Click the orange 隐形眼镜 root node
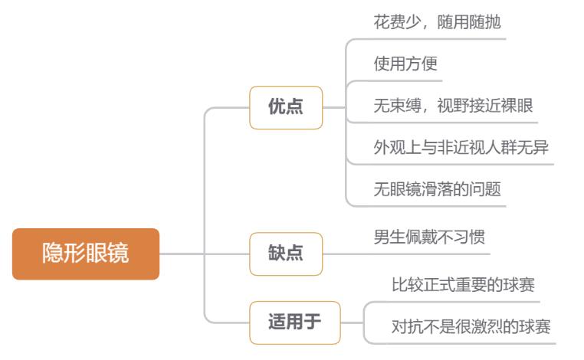point(85,254)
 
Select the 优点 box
point(285,107)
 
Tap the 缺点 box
point(285,254)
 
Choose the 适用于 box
point(294,322)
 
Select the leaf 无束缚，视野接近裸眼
point(448,106)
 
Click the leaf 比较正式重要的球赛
point(462,285)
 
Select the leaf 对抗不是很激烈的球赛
point(470,327)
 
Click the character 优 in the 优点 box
point(276,107)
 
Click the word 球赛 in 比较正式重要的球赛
point(518,285)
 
